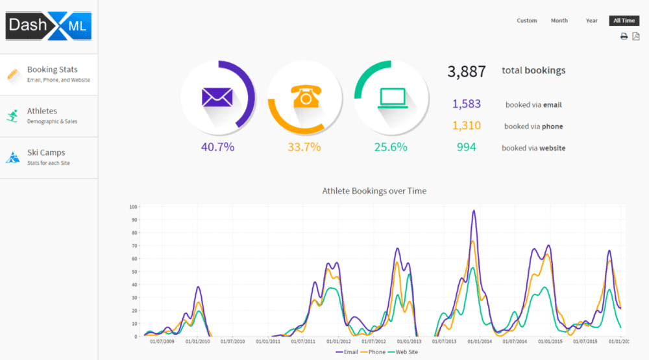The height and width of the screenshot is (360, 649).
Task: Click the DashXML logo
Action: pos(49,27)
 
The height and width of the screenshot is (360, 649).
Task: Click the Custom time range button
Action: pos(526,21)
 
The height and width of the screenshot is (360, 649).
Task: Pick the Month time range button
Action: pos(559,21)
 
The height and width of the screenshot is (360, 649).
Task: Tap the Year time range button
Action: pos(591,21)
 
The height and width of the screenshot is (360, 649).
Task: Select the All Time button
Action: pos(624,21)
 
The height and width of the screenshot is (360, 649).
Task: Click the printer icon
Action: pos(624,36)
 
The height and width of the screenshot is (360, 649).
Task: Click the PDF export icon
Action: pos(636,36)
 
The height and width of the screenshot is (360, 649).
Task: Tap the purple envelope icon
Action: pos(217,97)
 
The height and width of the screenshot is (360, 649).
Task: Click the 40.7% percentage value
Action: pos(217,147)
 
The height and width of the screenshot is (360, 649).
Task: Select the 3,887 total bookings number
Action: pos(466,71)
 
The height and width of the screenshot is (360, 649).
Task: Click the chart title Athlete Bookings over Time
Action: pos(374,191)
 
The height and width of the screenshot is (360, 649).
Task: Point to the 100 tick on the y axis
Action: pos(134,207)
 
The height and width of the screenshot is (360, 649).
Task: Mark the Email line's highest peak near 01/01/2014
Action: pos(474,210)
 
